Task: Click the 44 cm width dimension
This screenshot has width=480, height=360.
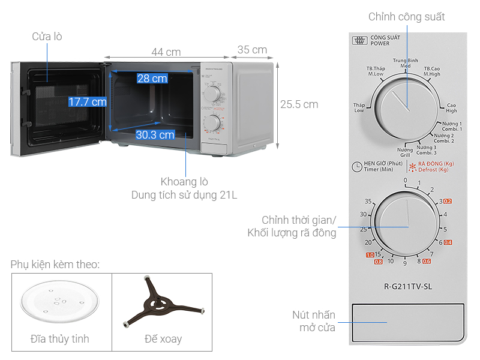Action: point(166,52)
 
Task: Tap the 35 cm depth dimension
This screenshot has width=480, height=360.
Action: point(252,49)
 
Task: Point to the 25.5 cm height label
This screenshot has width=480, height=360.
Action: point(299,104)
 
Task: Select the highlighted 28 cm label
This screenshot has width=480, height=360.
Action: point(152,79)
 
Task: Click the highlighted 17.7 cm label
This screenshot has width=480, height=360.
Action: point(87,102)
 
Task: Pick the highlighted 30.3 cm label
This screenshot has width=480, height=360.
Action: point(155,135)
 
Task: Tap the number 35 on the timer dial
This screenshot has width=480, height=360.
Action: point(368,201)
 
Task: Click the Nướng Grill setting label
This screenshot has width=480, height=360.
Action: point(404,152)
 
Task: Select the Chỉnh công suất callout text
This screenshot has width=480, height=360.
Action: point(406,16)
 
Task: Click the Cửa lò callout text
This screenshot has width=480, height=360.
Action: point(47,37)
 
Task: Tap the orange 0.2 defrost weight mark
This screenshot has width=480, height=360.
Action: point(448,201)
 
